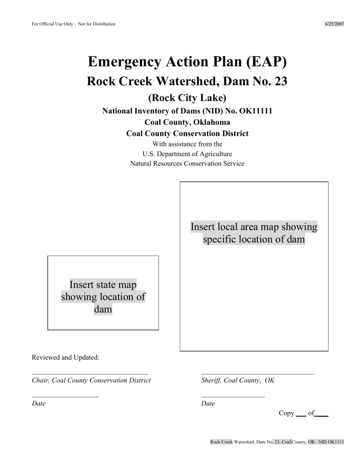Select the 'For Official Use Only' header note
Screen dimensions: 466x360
74,24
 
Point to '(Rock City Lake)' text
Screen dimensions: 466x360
187,98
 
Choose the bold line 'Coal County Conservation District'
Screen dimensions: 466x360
187,134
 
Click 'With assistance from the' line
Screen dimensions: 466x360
187,144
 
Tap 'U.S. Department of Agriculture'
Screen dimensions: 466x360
187,154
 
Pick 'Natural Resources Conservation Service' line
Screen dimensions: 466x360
187,164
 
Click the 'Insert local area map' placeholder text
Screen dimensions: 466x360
254,233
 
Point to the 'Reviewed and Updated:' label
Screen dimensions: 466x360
65,358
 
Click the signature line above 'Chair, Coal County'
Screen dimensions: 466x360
90,374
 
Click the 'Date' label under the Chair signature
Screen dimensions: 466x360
38,404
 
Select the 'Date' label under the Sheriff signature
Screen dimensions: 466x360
208,404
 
